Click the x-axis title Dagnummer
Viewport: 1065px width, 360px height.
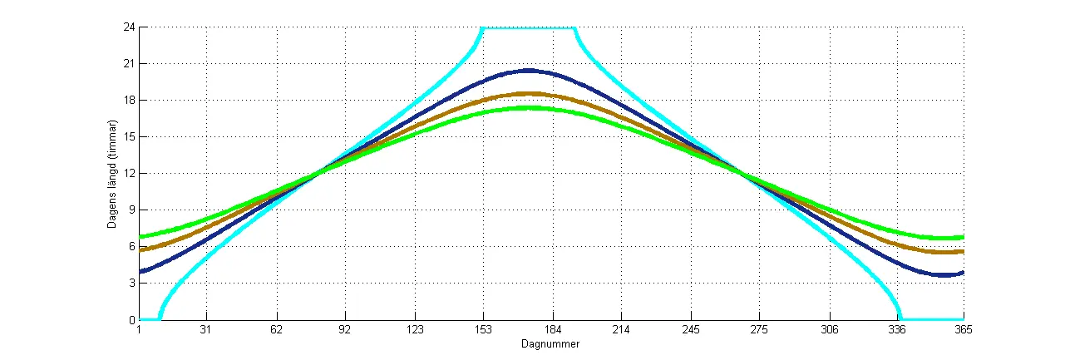point(550,343)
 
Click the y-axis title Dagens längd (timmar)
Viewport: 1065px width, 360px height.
point(112,174)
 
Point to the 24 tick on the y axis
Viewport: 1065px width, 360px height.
point(129,27)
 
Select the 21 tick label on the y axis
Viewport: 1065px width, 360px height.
point(129,63)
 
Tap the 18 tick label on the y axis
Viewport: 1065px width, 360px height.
point(129,100)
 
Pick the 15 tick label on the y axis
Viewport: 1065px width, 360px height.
point(129,136)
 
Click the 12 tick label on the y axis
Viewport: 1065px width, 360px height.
point(129,173)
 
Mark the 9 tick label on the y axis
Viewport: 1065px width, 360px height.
point(131,210)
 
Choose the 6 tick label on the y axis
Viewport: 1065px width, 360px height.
point(131,246)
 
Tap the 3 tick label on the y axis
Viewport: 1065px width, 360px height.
point(131,283)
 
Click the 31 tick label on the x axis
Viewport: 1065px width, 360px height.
point(207,330)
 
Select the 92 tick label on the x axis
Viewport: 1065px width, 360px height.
point(345,330)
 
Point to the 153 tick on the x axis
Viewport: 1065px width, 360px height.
point(483,330)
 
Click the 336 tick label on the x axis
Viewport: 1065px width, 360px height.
point(897,330)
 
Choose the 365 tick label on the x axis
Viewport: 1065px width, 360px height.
point(963,330)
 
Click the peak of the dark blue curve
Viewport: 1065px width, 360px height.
point(528,70)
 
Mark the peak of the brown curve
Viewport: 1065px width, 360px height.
point(528,94)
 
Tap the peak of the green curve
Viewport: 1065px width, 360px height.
point(528,107)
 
